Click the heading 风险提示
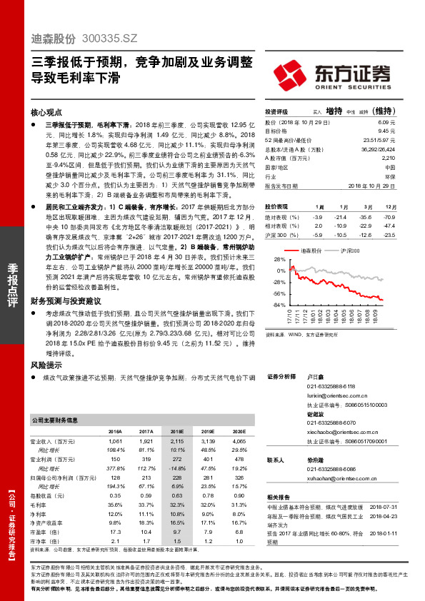pyautogui.click(x=46, y=363)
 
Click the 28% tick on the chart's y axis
pyautogui.click(x=279, y=261)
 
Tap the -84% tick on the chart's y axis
pyautogui.click(x=277, y=305)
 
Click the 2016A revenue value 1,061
pyautogui.click(x=115, y=443)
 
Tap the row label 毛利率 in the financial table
pyautogui.click(x=41, y=504)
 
